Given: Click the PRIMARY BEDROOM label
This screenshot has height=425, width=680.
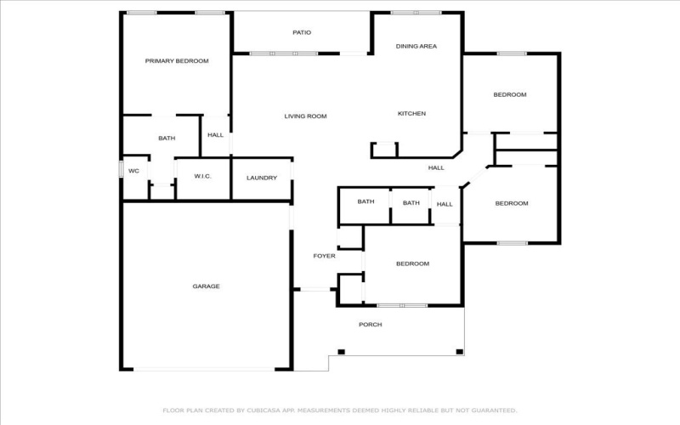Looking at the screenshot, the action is tap(177, 61).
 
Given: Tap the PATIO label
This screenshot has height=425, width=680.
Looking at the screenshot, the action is tap(302, 32).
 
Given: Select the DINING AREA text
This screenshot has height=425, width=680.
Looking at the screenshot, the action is tap(416, 47).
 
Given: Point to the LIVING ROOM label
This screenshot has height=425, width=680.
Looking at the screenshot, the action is tap(306, 116).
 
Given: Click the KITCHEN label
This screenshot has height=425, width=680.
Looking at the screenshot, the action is tap(412, 114).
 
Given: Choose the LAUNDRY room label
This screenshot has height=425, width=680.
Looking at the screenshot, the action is tap(262, 178).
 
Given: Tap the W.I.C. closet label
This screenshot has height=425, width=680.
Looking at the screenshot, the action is tap(203, 176).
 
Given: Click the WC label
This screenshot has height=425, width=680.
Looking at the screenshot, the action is tap(134, 172).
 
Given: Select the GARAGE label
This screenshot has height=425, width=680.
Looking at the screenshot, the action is tap(207, 286).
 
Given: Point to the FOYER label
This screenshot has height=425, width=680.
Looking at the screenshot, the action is tap(325, 257).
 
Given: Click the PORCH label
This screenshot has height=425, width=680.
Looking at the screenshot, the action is tap(371, 325).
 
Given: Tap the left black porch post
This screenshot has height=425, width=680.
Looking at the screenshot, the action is tap(342, 352).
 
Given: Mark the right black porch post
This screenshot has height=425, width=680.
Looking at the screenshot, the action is tap(460, 352).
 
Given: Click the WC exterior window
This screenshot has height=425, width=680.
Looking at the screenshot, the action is tap(121, 169).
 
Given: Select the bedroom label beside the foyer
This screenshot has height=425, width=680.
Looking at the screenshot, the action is tap(413, 263).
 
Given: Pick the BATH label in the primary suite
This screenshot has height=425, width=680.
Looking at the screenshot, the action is tap(167, 139).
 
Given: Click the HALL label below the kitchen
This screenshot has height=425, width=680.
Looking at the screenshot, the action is tap(436, 167).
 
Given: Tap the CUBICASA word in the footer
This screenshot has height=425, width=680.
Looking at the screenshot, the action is tap(264, 411).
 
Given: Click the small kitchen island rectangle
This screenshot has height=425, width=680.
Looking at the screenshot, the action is tap(384, 150).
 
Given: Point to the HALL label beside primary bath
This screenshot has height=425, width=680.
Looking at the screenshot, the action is tap(216, 135).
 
